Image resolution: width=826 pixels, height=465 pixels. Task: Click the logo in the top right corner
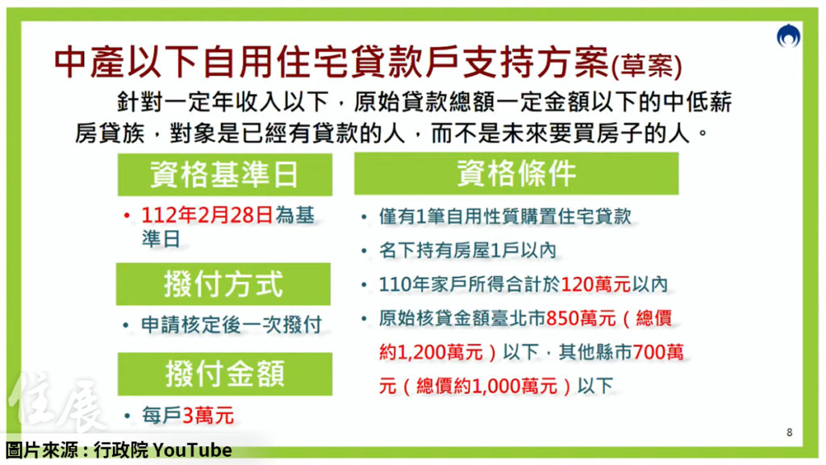[x=787, y=37]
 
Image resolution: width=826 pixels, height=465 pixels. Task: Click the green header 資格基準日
[x=225, y=174]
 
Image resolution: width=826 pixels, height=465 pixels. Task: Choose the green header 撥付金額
[x=224, y=374]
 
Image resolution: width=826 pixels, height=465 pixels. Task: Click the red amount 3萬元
[x=208, y=417]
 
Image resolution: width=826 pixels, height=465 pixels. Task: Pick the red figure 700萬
[x=659, y=351]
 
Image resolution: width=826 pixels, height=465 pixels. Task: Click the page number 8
[x=789, y=433]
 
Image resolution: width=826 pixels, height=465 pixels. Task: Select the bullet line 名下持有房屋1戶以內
[x=468, y=251]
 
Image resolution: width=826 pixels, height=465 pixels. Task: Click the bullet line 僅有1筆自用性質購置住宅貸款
[x=505, y=216]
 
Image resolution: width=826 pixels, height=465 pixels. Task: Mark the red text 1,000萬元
[x=511, y=385]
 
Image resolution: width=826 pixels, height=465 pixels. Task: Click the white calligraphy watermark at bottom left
[x=56, y=404]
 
